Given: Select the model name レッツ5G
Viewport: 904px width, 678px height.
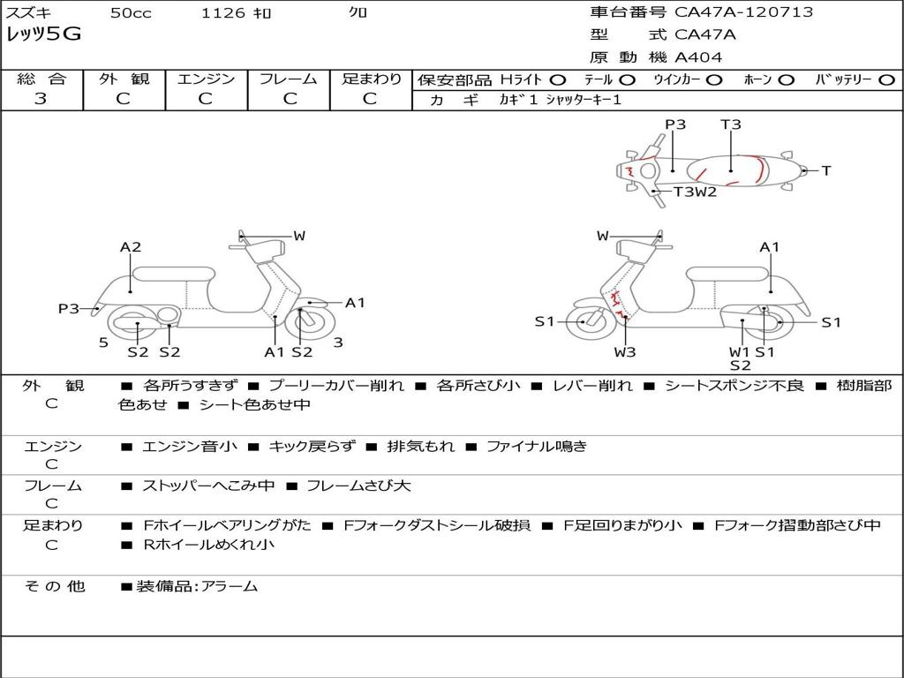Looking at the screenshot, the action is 43,34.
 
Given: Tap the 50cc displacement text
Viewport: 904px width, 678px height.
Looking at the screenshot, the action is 131,13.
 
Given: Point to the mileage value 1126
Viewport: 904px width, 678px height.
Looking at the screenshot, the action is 219,13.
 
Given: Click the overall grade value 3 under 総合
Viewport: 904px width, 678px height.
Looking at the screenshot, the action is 41,99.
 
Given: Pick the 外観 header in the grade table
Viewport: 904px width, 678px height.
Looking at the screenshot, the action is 124,79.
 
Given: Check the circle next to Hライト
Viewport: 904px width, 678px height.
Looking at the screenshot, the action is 557,80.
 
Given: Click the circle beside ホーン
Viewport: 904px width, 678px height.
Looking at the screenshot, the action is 786,80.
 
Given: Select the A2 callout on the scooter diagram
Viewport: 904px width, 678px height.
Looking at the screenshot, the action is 131,247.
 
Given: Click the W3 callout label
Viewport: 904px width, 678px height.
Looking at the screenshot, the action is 625,352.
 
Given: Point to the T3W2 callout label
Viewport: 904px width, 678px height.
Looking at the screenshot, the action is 695,192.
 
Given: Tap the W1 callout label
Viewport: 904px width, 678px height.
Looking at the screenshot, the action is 739,352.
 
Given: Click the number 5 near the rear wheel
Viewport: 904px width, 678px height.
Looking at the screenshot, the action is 103,343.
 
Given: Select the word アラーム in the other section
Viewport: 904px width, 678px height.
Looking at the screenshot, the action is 230,586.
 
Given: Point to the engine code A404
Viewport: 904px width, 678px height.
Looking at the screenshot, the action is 698,57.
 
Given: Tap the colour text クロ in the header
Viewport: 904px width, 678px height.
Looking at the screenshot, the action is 358,12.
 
